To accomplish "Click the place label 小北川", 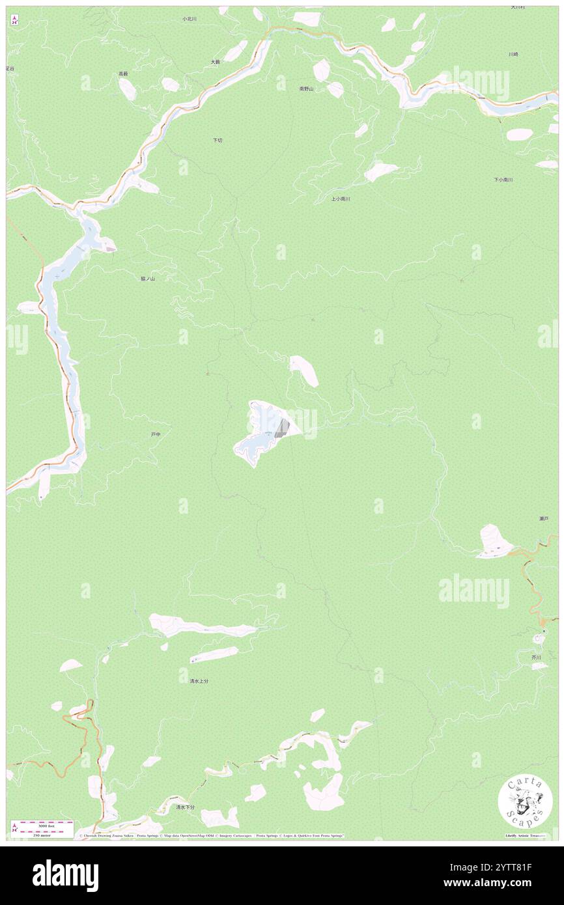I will pos(189,19).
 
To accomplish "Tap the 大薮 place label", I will pos(215,62).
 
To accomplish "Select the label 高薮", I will pos(123,74).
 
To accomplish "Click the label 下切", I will pos(217,140).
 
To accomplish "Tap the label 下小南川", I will pos(503,179).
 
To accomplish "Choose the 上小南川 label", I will pos(340,199).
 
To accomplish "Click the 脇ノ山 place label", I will pos(148,278).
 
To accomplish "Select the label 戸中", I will pos(155,434).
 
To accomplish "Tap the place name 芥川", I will pos(536,658).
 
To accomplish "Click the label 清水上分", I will pos(199,681).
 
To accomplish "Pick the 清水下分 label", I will pos(185,807).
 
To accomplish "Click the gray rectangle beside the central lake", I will pos(282,428).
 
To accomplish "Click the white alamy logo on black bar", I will pos(65,874).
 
